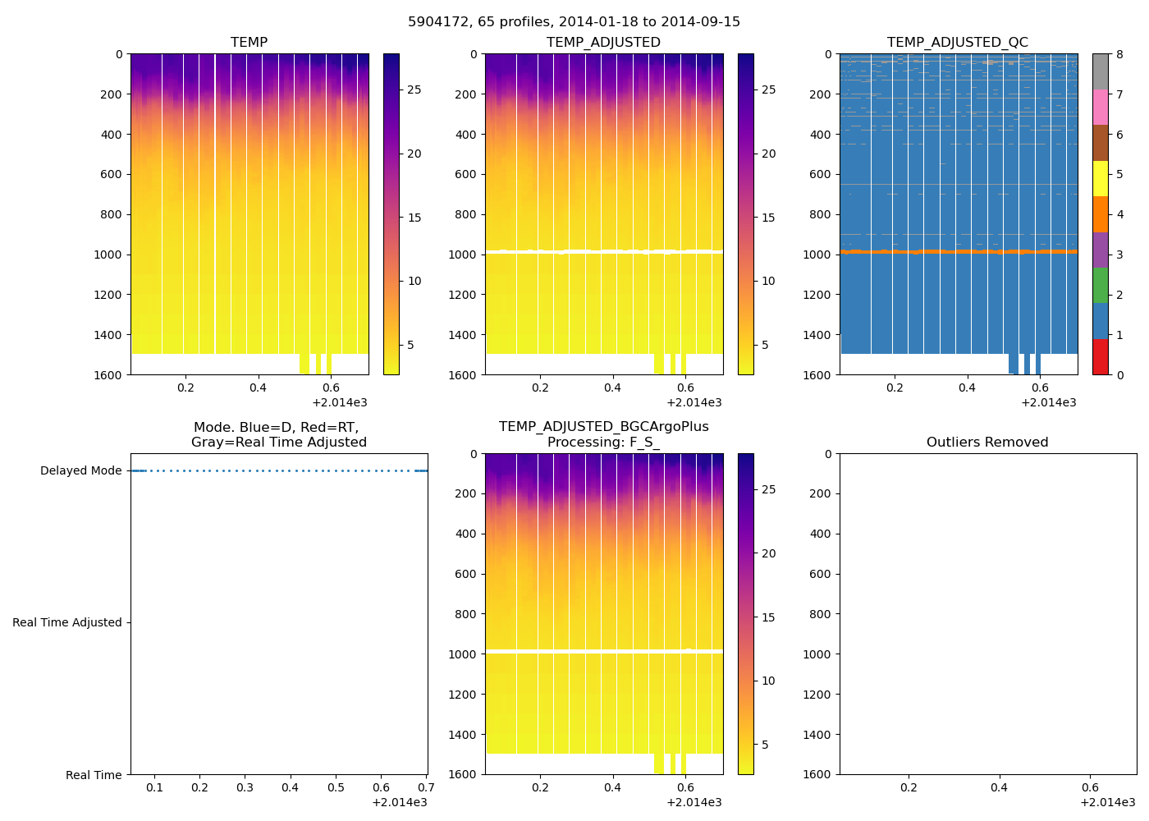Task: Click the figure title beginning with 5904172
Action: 574,22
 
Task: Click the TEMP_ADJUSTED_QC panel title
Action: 957,43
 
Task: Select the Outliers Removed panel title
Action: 987,443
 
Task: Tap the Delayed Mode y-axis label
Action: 80,471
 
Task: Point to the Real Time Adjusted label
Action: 67,623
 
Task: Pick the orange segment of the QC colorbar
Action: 1100,214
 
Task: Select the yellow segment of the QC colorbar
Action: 1100,178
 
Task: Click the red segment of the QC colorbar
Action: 1100,357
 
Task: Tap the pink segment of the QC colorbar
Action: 1100,107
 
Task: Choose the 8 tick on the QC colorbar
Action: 1119,55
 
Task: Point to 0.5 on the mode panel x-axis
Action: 336,788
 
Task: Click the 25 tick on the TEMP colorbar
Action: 414,90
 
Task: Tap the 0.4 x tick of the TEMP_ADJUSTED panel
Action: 613,388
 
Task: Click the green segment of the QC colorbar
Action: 1100,286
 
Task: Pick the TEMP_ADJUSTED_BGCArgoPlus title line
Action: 603,427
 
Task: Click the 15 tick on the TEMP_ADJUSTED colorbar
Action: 768,218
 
